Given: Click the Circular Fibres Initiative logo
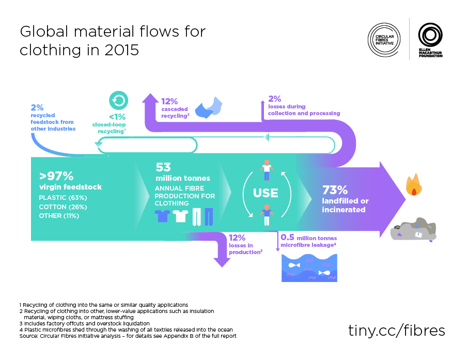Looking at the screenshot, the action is [384, 40].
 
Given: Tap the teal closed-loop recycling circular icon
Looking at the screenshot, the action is [118, 100].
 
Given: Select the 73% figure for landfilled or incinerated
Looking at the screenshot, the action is [335, 190].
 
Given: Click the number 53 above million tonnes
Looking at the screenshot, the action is [163, 167].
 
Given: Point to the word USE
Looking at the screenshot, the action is [266, 193].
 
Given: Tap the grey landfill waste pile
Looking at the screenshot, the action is [413, 229].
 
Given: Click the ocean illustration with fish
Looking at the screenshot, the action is [309, 268].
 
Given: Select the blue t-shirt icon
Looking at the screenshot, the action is [162, 216].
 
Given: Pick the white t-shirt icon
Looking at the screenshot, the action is [180, 216].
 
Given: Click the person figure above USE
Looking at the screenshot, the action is [267, 170].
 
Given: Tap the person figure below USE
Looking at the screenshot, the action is [267, 215].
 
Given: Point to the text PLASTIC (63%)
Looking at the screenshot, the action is [63, 198].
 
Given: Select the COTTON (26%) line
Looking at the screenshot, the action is [63, 207].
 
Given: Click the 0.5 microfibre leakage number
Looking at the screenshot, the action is [287, 237].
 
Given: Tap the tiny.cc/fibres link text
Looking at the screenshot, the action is [396, 331].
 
